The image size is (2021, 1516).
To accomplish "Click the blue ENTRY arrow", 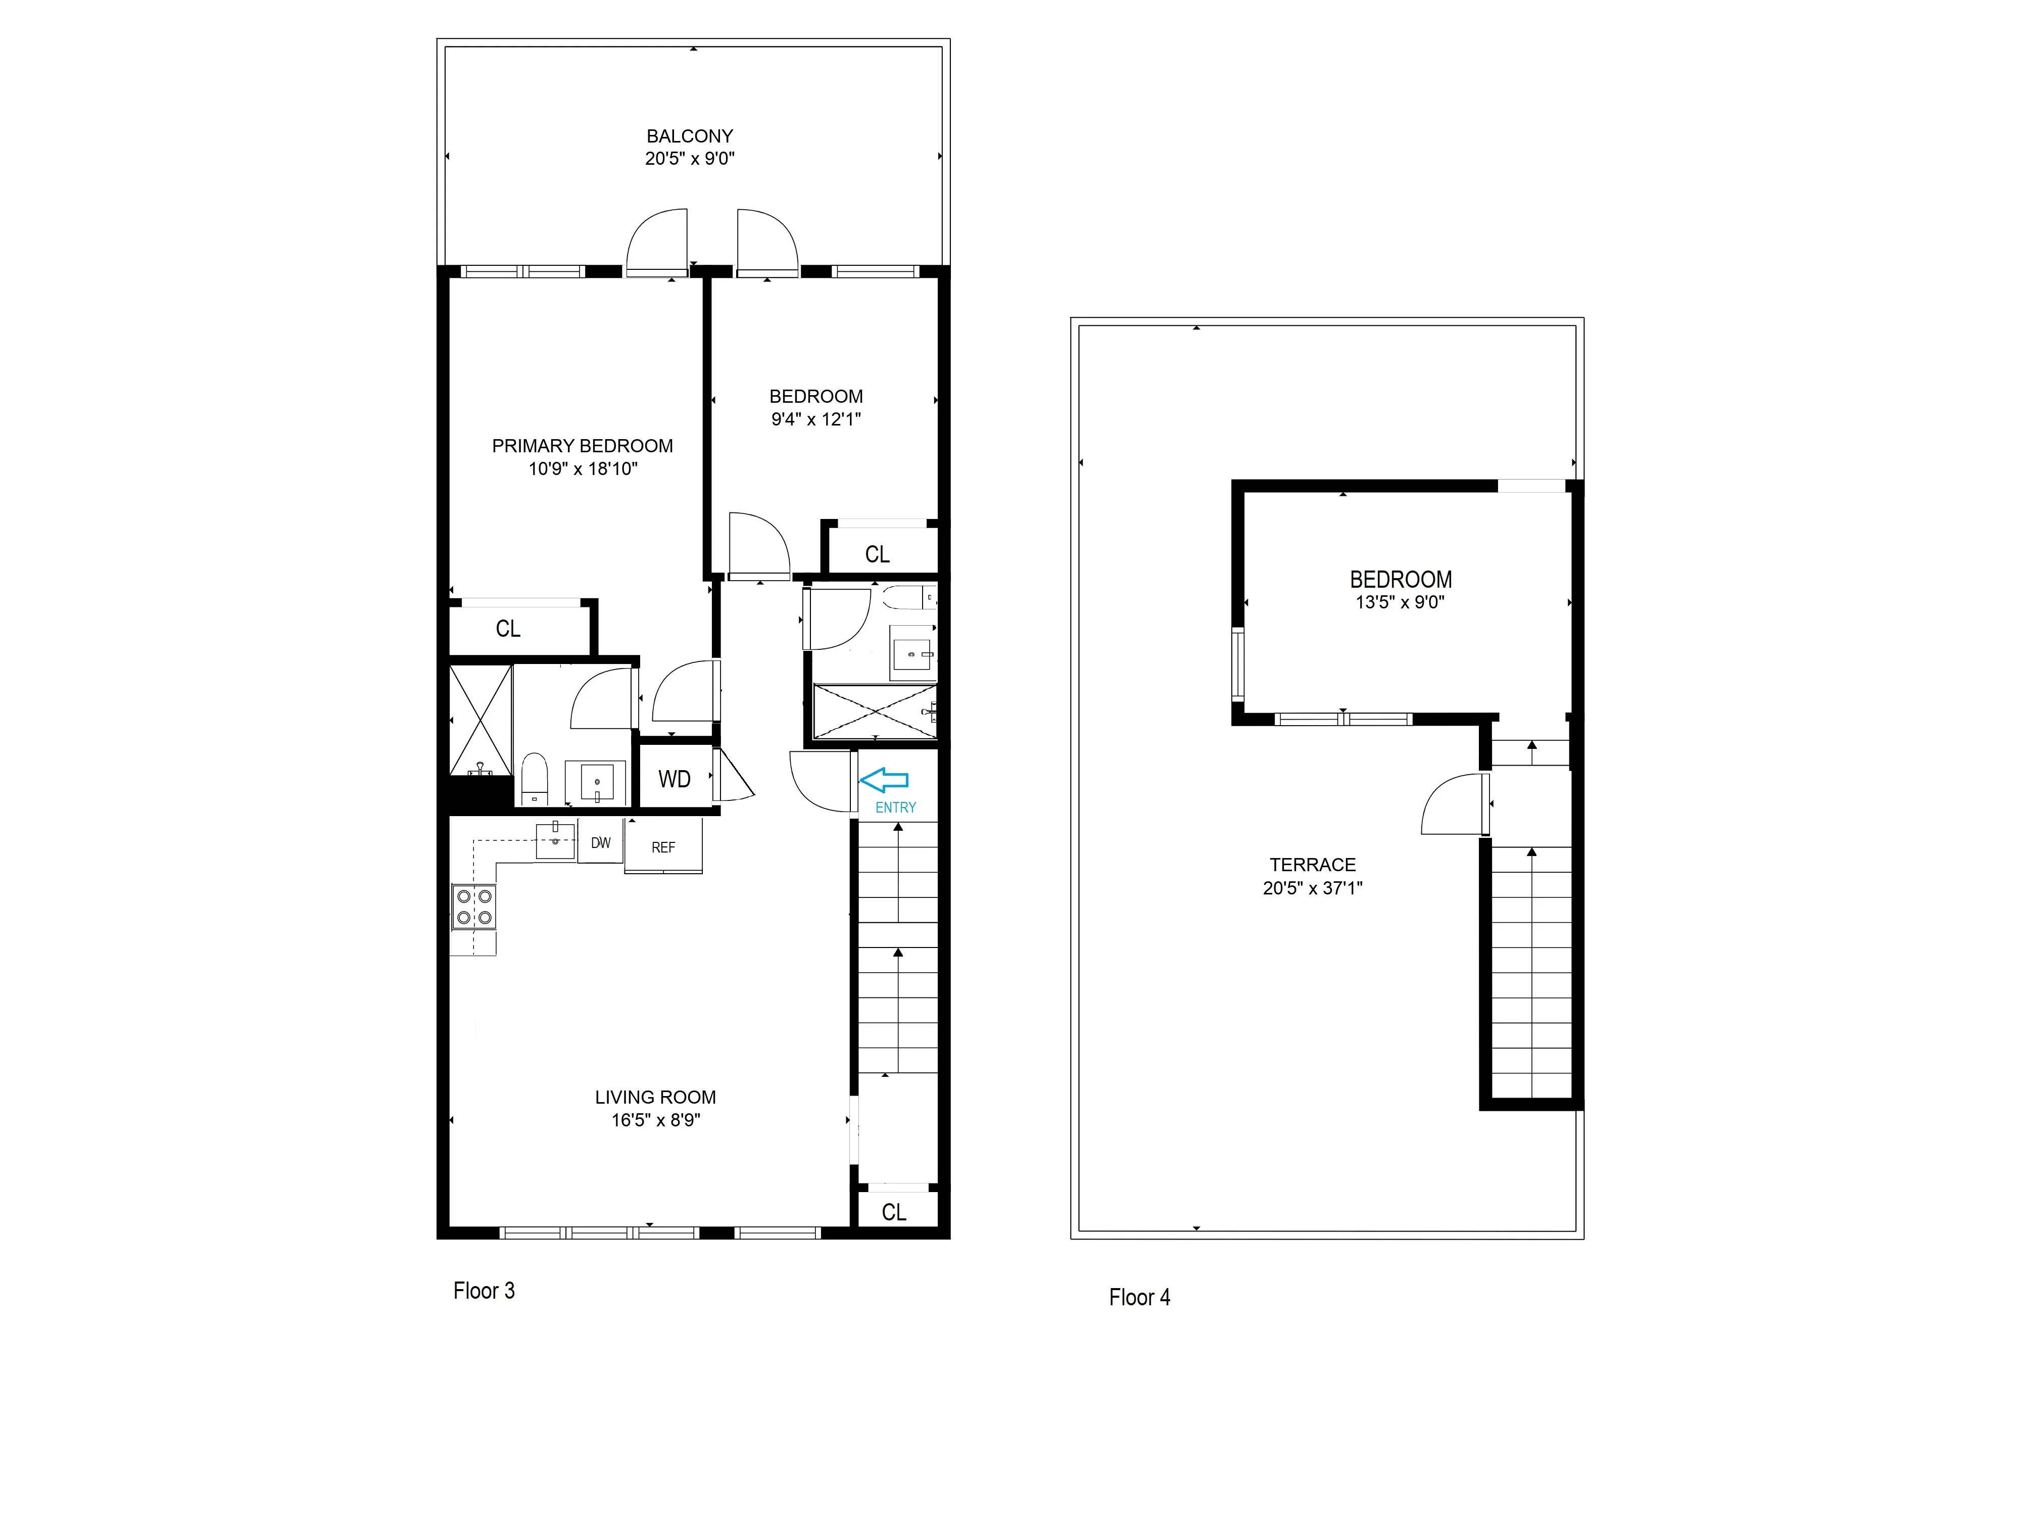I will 884,779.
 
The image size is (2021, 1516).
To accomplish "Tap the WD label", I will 675,779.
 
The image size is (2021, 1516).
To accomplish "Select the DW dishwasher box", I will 600,842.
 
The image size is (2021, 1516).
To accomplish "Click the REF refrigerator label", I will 663,848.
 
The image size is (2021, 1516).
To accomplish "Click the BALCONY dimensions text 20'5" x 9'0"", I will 690,158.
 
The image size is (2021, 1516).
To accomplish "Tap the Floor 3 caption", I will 484,1290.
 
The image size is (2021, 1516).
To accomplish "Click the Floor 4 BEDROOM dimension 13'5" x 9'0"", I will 1400,602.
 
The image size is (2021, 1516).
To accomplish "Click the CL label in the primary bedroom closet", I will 508,629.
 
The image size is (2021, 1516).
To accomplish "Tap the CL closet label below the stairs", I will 894,1212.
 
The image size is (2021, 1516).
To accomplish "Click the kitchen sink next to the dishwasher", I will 555,841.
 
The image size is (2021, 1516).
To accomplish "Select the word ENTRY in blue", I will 895,808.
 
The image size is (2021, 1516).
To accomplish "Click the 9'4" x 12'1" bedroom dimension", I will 816,419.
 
